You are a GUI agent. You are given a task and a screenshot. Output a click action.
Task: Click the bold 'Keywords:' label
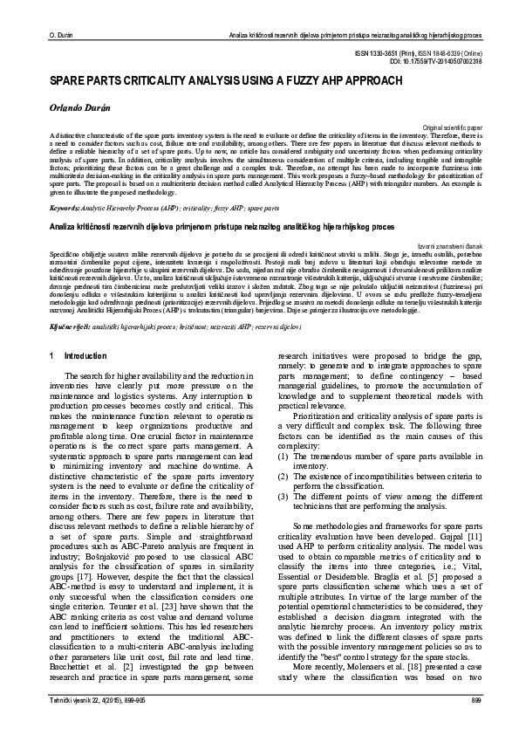[x=65, y=210]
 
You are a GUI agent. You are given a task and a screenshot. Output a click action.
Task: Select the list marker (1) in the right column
[x=283, y=457]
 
